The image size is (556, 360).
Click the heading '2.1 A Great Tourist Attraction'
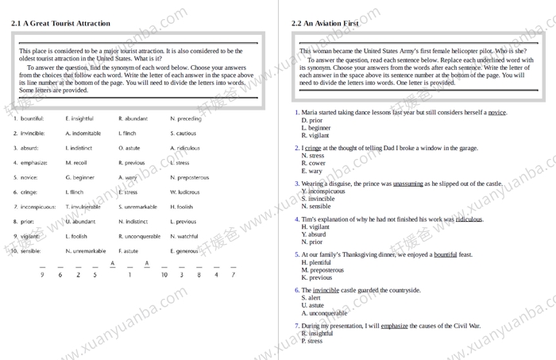60,23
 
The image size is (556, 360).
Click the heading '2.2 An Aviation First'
325,23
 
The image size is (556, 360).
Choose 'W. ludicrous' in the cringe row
185,192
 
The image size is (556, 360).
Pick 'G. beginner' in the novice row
79,178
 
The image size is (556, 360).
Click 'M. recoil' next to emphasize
76,163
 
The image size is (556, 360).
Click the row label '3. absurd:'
25,148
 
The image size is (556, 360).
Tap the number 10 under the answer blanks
164,275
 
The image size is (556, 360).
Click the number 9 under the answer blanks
42,275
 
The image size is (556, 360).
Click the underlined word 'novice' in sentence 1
496,113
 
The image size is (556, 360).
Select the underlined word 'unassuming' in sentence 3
407,184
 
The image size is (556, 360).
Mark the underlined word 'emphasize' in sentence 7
394,326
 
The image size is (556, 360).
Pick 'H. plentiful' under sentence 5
316,262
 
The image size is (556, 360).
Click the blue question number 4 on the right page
297,219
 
